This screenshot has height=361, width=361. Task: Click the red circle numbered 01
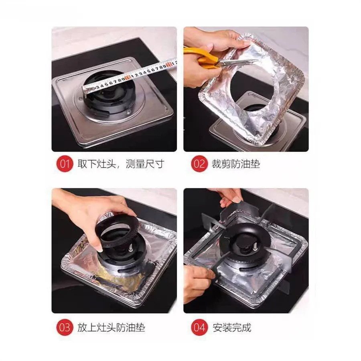[65, 164]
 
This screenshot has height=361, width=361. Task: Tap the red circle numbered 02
[199, 164]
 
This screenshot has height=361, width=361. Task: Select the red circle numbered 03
[65, 327]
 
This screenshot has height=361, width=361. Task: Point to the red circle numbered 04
[199, 327]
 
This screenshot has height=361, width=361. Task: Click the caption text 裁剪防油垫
[236, 164]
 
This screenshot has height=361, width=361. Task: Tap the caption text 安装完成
[232, 327]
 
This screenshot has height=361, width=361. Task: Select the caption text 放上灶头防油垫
[111, 327]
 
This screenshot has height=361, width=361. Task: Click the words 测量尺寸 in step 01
[144, 164]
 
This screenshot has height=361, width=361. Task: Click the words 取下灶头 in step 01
[96, 164]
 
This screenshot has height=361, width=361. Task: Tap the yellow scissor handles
[200, 57]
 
